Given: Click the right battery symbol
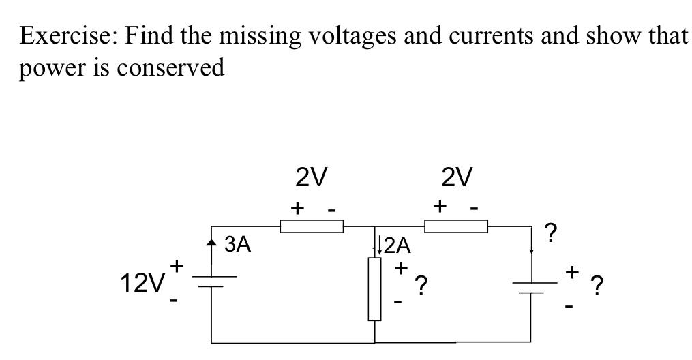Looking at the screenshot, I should click(x=532, y=287).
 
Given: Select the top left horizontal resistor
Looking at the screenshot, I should click(x=312, y=226).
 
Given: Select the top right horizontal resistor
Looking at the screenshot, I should click(x=456, y=226).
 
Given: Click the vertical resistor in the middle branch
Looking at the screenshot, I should click(x=375, y=288).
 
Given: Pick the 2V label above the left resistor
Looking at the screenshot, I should click(x=311, y=177).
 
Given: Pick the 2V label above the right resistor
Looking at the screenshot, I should click(x=456, y=177).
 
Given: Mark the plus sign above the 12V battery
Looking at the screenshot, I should click(x=178, y=264).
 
